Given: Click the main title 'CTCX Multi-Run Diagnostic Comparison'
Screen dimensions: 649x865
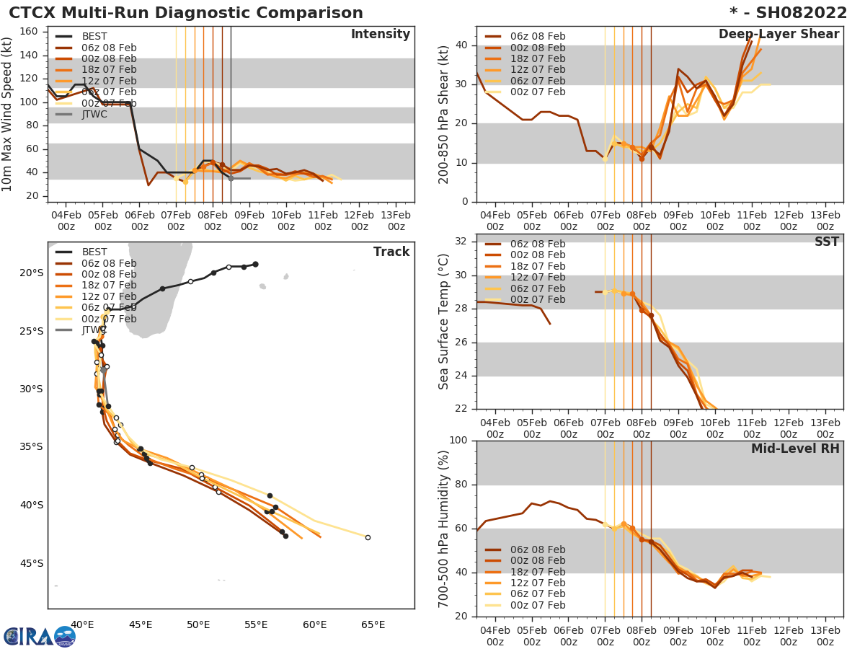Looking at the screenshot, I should pyautogui.click(x=186, y=13).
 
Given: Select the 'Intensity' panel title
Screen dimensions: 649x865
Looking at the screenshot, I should pyautogui.click(x=380, y=35).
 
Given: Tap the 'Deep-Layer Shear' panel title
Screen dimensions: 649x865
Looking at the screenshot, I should pyautogui.click(x=778, y=35).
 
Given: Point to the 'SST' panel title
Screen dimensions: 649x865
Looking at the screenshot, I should pyautogui.click(x=826, y=242).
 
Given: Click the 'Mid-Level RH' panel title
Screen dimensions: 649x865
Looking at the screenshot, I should pyautogui.click(x=795, y=449).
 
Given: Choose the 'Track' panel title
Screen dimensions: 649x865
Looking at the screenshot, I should pyautogui.click(x=391, y=252).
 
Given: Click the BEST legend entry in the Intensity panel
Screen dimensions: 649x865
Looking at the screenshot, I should pyautogui.click(x=94, y=36).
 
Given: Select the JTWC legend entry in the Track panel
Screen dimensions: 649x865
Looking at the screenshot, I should pyautogui.click(x=94, y=330).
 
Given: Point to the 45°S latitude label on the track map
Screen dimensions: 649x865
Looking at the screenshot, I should pyautogui.click(x=31, y=563).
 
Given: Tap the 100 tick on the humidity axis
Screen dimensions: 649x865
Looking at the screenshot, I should pyautogui.click(x=460, y=441).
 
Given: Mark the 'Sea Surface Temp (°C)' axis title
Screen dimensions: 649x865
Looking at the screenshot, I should pyautogui.click(x=444, y=322).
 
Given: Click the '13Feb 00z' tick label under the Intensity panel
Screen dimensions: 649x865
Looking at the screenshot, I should pyautogui.click(x=396, y=220).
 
